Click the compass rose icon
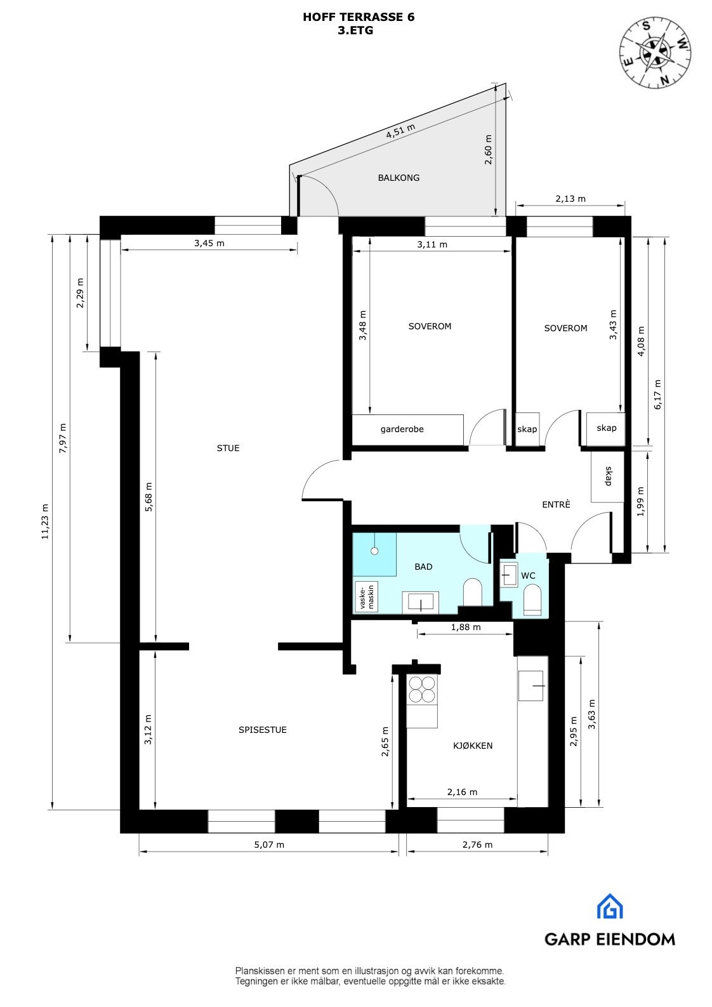(x=656, y=52)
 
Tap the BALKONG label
(x=399, y=178)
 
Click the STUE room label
(x=228, y=448)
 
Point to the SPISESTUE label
(x=262, y=730)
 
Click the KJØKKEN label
(x=473, y=746)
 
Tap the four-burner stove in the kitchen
(x=422, y=690)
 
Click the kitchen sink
(x=531, y=686)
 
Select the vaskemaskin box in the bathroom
(x=367, y=596)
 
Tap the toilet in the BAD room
(x=473, y=592)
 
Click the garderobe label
(x=402, y=429)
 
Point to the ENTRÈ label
(x=556, y=504)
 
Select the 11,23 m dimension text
(x=44, y=522)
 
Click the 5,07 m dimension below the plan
(x=269, y=845)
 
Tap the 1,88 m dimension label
(x=465, y=627)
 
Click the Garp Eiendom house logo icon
(x=609, y=906)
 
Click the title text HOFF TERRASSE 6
(x=359, y=17)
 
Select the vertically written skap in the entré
(x=607, y=476)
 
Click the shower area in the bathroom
(x=374, y=554)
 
